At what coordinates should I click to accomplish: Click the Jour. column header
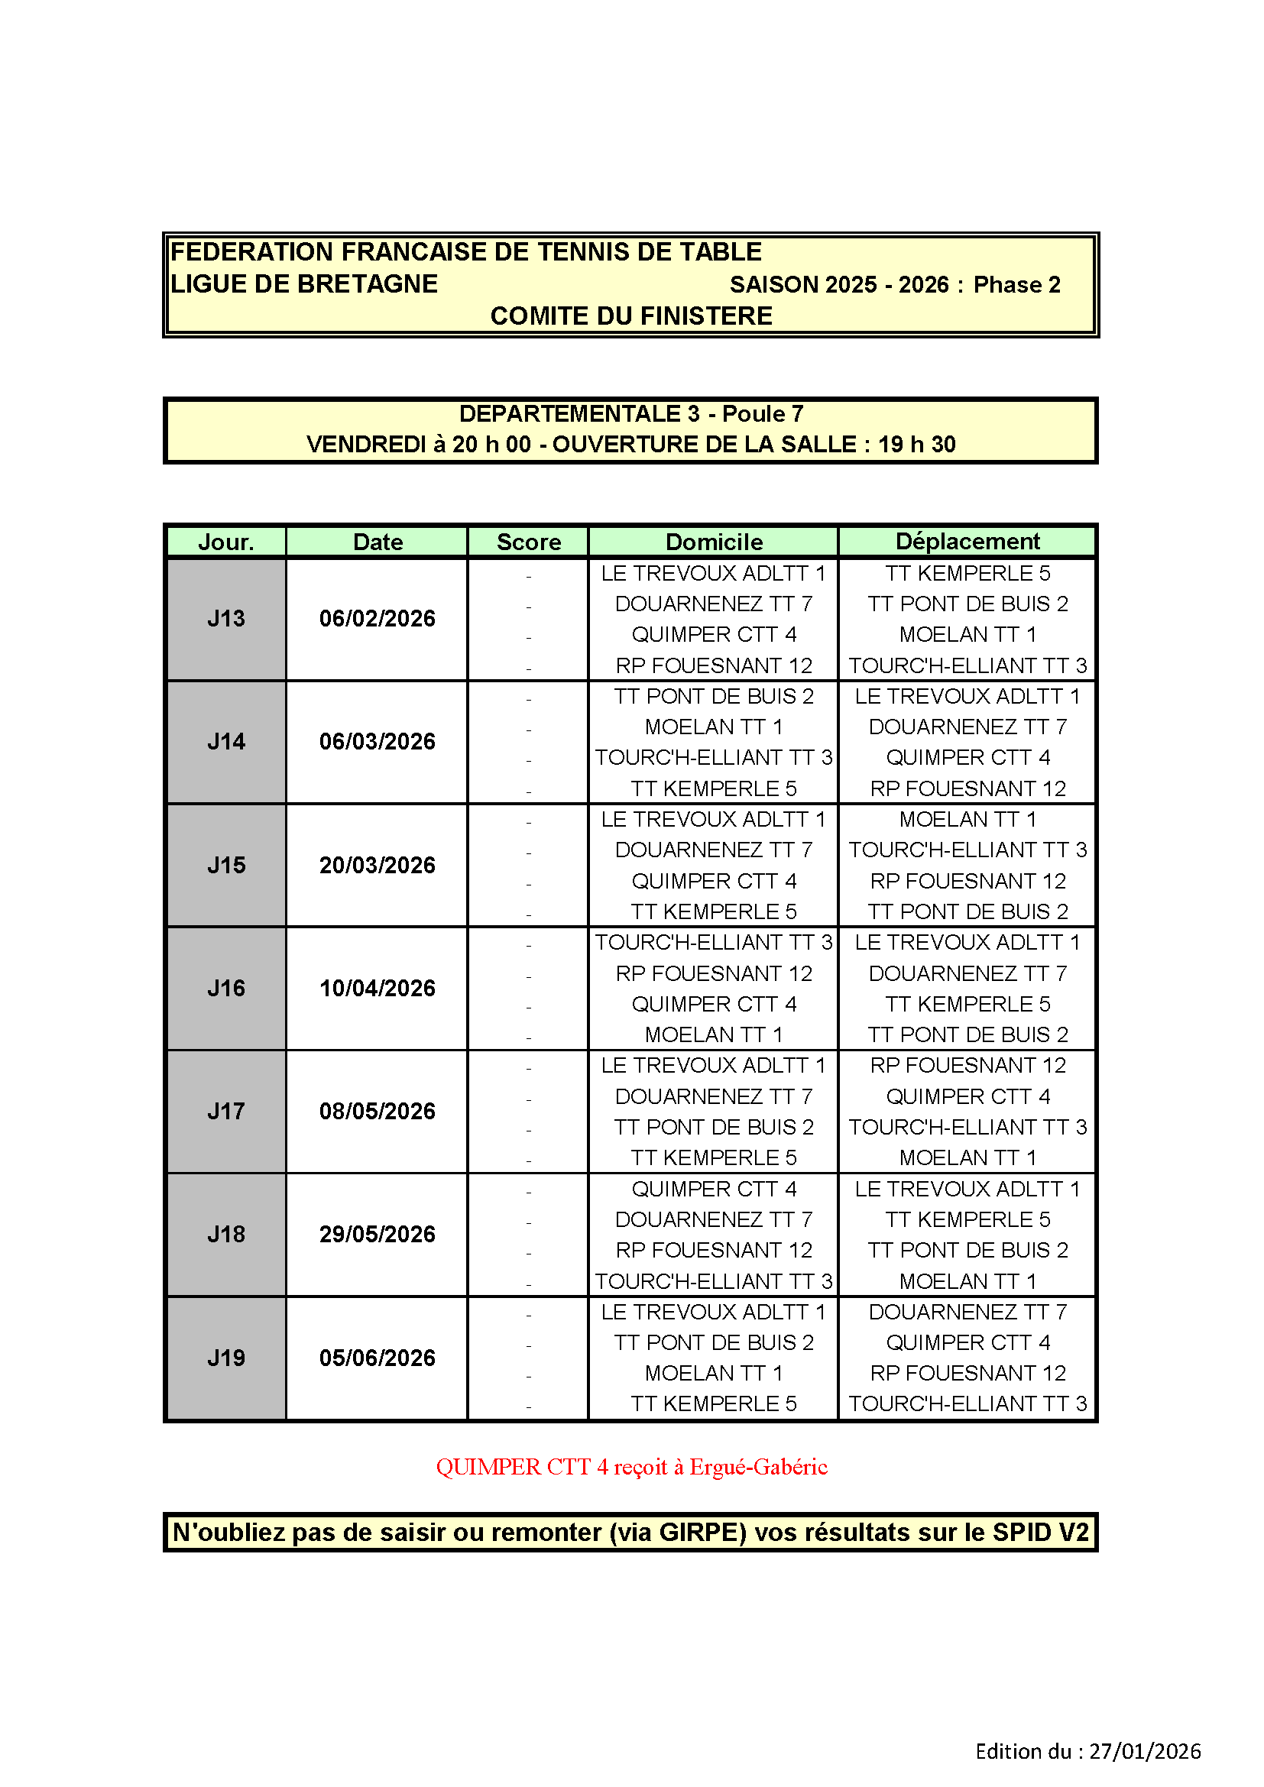[225, 542]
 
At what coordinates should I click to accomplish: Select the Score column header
[529, 542]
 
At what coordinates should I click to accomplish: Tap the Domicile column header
[714, 542]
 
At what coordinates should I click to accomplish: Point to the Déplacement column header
[967, 541]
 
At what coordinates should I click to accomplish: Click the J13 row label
[225, 619]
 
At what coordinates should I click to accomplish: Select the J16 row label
[225, 989]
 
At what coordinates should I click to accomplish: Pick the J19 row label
[225, 1358]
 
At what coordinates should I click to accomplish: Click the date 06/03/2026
[378, 742]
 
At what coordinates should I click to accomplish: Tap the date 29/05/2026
[378, 1235]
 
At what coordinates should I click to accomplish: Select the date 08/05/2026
[378, 1112]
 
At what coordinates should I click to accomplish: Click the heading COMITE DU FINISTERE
[631, 316]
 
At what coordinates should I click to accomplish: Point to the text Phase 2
[1016, 285]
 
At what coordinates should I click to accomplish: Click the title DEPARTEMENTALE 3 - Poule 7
[631, 414]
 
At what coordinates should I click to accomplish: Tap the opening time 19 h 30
[917, 445]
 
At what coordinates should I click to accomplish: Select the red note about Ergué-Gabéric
[631, 1467]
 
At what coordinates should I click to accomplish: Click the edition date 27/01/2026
[1144, 1751]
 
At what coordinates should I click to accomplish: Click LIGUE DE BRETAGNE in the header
[304, 284]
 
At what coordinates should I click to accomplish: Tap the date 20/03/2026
[378, 866]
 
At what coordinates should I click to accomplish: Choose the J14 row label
[225, 742]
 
